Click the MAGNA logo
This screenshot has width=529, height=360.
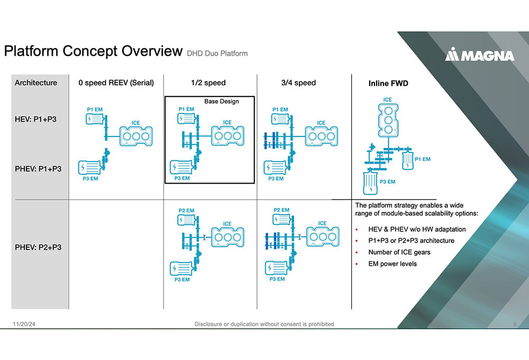[x=479, y=55]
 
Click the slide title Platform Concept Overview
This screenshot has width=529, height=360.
[x=93, y=51]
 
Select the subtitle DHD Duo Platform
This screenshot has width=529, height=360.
[x=217, y=53]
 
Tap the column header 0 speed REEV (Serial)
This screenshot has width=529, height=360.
[x=116, y=83]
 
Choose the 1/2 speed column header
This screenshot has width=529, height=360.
[x=208, y=83]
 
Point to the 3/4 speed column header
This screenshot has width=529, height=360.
[x=299, y=83]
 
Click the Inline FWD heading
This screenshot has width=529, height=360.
[x=388, y=83]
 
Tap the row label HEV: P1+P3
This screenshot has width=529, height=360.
[x=35, y=120]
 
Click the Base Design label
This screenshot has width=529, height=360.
[x=222, y=101]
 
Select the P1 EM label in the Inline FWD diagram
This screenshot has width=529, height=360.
[x=423, y=159]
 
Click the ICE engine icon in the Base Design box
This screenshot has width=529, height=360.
[x=227, y=135]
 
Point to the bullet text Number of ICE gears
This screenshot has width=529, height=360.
[x=399, y=252]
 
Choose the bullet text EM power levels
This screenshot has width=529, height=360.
[x=393, y=264]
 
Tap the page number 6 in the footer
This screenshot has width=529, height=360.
[x=515, y=324]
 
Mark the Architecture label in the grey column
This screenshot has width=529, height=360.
[x=36, y=83]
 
